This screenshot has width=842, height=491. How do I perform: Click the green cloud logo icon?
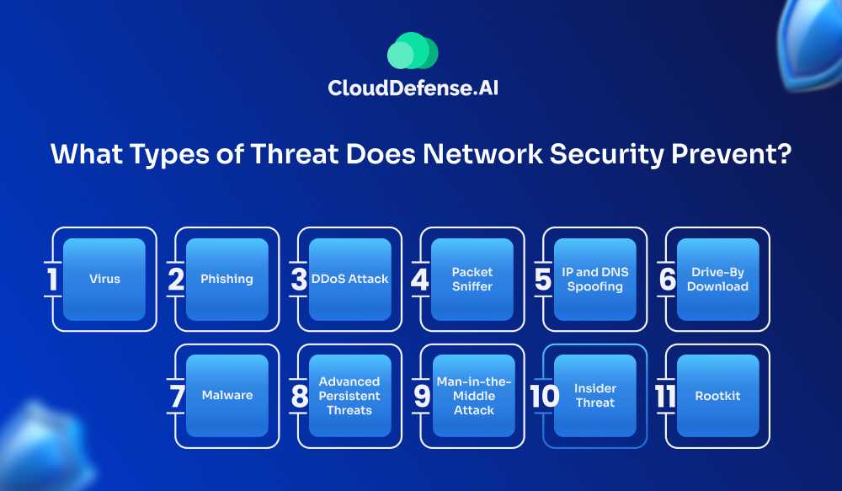pos(413,51)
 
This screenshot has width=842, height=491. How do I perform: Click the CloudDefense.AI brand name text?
pos(413,87)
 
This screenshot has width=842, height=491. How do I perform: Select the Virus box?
pos(105,279)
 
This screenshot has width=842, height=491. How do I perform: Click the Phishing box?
pos(227,279)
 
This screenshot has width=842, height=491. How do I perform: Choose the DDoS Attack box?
pos(350,279)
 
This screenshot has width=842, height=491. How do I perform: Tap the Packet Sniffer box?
pos(472,279)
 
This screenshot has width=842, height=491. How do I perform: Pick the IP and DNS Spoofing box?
pos(594,279)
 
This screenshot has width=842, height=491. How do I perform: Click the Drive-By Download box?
pos(717,279)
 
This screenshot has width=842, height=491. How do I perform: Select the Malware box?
pos(227,395)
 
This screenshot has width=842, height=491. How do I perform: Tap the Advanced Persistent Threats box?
pos(350,395)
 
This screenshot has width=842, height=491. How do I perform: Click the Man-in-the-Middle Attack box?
pos(472,395)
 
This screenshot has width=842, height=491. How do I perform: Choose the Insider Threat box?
pos(594,395)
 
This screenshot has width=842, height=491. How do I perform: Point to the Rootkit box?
pos(717,395)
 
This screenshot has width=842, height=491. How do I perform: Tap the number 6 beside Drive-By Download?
pos(667,280)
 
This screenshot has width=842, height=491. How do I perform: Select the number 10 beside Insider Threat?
pos(545,396)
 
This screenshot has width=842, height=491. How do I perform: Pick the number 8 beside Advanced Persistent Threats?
pos(299,396)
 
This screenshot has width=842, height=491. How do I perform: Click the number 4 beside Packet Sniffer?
pos(420,280)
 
